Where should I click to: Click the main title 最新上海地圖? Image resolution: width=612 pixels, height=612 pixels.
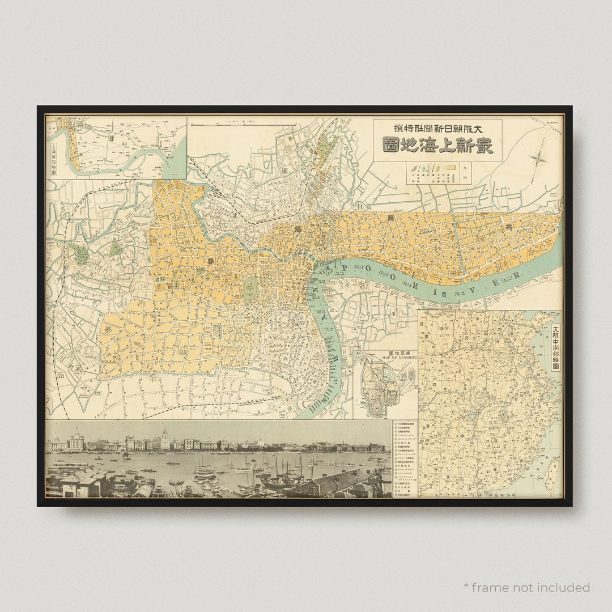pos(437,146)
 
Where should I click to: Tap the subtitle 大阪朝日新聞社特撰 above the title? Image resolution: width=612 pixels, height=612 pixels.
pos(437,127)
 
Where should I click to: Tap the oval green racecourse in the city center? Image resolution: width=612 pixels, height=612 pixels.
pos(250,288)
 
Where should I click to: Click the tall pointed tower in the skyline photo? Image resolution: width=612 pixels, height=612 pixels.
pos(165,437)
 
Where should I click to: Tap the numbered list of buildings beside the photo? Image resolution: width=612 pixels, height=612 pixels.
pos(405,459)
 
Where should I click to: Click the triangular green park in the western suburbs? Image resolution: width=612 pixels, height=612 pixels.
pos(116,248)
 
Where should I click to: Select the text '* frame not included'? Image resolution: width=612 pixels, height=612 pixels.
pos(526,587)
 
